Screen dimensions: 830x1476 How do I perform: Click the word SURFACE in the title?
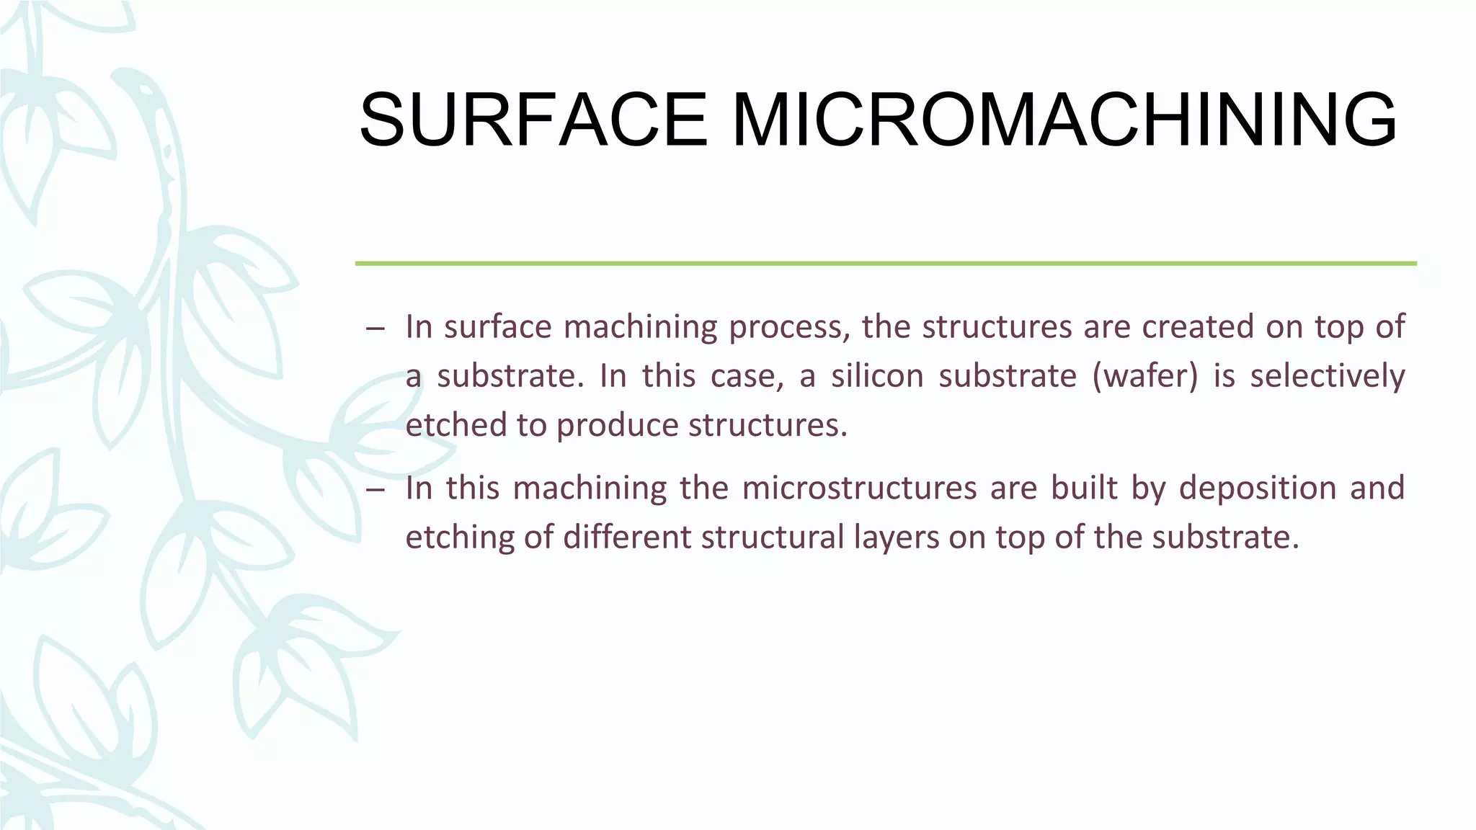point(533,120)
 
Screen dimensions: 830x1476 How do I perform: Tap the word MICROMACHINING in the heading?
point(1064,120)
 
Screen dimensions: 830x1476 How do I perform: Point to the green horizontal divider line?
point(885,264)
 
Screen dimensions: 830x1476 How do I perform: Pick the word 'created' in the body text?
point(1198,326)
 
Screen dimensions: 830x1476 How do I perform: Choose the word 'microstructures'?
point(858,488)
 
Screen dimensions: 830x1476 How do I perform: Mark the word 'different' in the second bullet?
point(627,537)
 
